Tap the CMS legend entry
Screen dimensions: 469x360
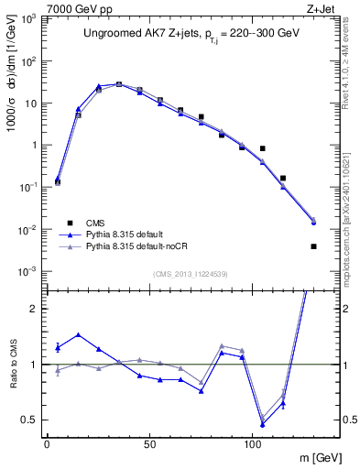point(95,223)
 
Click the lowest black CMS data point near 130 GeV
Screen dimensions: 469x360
point(313,245)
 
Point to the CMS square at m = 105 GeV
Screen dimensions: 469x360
point(262,148)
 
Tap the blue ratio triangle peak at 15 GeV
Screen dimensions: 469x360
point(78,334)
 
